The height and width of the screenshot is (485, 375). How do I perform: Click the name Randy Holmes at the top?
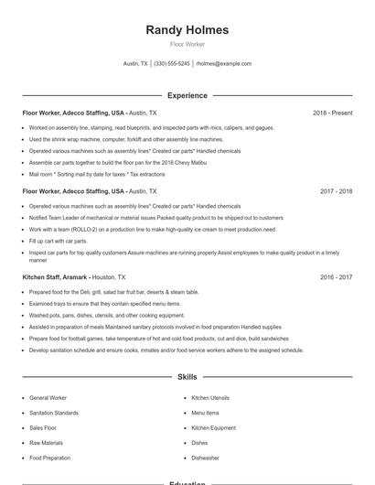click(x=187, y=30)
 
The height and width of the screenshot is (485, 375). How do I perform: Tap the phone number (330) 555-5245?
click(x=172, y=64)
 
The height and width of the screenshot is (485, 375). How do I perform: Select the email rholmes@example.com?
click(x=223, y=64)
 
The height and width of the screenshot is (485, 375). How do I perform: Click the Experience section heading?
click(x=187, y=95)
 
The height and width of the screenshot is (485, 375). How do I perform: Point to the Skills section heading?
click(x=187, y=376)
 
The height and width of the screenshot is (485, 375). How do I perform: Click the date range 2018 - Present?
click(x=332, y=113)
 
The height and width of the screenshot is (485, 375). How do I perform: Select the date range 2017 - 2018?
click(x=336, y=192)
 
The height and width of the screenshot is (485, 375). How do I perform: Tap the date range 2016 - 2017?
click(x=336, y=276)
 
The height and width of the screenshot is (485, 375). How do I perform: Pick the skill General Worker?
click(x=48, y=399)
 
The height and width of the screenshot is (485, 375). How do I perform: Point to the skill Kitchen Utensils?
click(x=209, y=399)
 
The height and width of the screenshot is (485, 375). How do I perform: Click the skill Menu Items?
click(x=205, y=414)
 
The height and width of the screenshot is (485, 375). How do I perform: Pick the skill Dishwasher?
click(x=205, y=458)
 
